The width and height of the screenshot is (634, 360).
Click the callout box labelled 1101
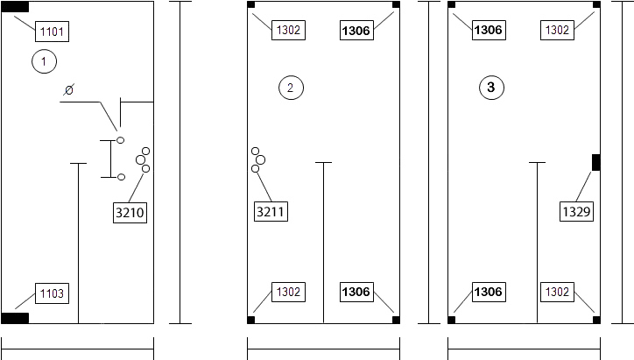click(x=53, y=32)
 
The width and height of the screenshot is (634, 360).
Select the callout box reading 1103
click(x=53, y=293)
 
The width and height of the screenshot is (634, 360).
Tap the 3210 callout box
click(x=130, y=212)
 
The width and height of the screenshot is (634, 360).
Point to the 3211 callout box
click(x=271, y=211)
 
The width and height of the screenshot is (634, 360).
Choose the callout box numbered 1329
click(x=576, y=211)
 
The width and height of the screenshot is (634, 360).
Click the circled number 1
click(x=44, y=61)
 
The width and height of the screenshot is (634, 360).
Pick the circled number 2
click(x=291, y=88)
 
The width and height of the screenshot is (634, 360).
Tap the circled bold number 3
click(x=491, y=88)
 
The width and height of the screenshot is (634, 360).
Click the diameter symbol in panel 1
click(x=68, y=90)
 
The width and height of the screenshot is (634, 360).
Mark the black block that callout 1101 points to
click(x=15, y=7)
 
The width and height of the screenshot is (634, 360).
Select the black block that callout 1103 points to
click(x=15, y=318)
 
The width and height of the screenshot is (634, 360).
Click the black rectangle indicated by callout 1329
click(x=596, y=162)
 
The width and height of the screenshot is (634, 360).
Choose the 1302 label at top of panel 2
click(x=288, y=30)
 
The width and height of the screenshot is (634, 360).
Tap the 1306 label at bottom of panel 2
click(x=356, y=292)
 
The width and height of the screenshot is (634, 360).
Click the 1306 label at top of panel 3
click(x=489, y=30)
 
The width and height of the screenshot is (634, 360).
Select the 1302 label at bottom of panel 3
click(x=557, y=292)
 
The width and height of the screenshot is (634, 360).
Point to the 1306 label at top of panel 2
click(x=356, y=31)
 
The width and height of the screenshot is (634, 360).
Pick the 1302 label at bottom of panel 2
click(x=288, y=292)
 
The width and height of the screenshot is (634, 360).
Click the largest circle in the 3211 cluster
click(x=260, y=160)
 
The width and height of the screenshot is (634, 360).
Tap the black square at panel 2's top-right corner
click(x=396, y=4)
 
